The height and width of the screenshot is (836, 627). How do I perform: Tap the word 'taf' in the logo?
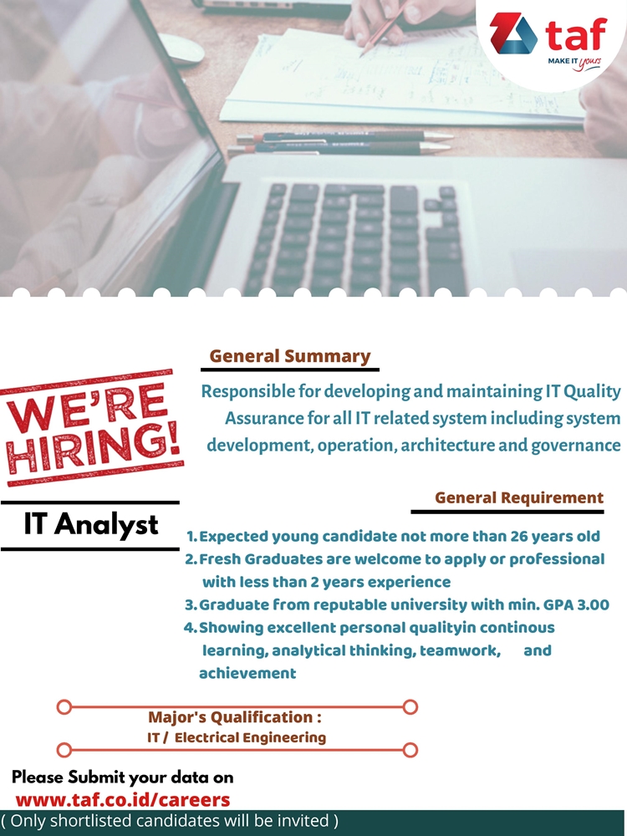[x=576, y=33]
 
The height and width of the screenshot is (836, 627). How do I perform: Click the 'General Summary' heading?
[x=290, y=355]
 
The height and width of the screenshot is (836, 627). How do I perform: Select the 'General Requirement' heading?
[x=519, y=497]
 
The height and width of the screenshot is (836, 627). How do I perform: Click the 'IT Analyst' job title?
[x=91, y=524]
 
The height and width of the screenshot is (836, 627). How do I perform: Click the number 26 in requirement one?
[x=520, y=537]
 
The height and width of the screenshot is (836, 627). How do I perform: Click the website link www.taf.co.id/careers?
[x=123, y=800]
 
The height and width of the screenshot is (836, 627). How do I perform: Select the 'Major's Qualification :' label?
[x=235, y=717]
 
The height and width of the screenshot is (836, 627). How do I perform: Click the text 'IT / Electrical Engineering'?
[x=237, y=737]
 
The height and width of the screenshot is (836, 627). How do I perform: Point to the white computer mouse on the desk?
[x=181, y=48]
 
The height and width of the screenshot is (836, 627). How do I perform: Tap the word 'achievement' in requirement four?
[x=247, y=673]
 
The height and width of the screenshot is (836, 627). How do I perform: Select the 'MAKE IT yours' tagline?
[x=574, y=63]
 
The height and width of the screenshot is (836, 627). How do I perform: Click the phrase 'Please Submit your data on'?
[x=123, y=777]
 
